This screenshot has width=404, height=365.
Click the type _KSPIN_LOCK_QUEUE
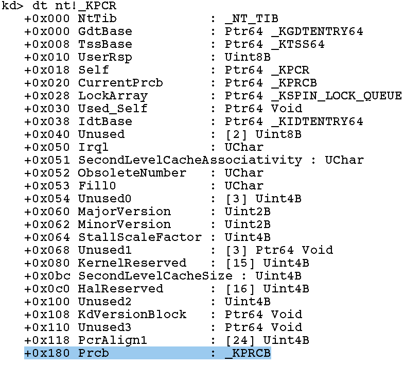[337, 96]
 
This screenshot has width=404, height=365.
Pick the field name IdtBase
[105, 121]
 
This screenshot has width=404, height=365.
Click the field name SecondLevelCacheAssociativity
[190, 160]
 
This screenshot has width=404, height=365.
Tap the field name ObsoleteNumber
[132, 173]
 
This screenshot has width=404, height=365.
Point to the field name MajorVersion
[125, 212]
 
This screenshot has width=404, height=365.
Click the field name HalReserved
[120, 289]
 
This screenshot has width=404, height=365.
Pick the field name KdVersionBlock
[132, 315]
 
